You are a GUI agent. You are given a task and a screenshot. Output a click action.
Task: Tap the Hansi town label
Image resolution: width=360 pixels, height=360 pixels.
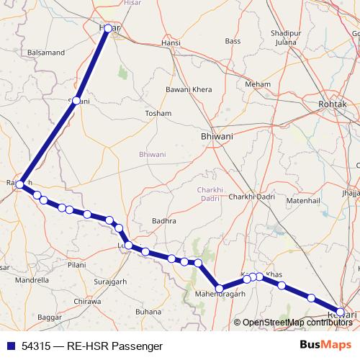click(171, 43)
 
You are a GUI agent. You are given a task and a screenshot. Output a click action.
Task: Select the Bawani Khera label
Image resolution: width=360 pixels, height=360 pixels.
click(186, 89)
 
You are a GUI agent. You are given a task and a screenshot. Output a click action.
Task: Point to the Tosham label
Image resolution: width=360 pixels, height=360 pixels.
click(158, 114)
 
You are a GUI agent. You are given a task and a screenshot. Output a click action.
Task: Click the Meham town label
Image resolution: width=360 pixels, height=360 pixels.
click(257, 84)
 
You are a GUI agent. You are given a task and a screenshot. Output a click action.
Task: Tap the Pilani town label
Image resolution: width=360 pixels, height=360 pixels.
click(77, 265)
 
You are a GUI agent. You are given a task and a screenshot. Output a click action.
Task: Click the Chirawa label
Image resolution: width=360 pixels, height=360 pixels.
click(88, 302)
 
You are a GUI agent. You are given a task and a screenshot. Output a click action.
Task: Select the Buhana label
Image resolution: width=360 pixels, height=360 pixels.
click(149, 312)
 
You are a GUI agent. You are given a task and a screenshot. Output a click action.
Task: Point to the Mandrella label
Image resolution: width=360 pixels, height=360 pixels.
click(32, 280)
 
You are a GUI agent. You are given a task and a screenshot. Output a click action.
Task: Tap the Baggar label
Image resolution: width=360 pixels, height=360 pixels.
click(50, 317)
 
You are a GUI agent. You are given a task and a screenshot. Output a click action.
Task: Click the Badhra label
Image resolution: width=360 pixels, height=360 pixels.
click(164, 221)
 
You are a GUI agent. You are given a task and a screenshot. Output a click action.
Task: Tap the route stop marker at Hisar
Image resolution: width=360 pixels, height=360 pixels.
click(108, 29)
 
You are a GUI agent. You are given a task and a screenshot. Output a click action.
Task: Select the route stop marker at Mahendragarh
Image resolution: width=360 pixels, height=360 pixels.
click(219, 289)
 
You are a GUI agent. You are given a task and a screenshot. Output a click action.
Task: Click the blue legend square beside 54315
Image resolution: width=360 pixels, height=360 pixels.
click(10, 346)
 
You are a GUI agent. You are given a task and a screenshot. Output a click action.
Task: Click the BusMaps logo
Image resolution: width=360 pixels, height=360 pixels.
click(329, 346)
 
